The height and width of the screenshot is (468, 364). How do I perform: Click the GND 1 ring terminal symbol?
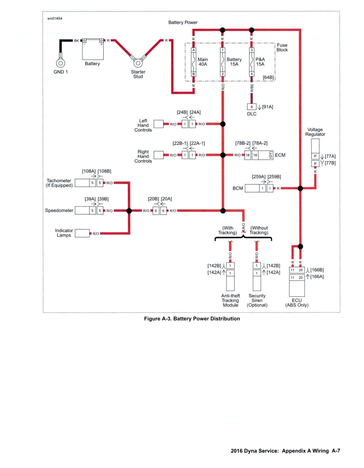61,63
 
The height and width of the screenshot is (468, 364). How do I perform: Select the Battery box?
93,49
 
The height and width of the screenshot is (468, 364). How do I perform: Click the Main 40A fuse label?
203,62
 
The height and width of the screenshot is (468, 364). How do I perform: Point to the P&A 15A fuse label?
260,62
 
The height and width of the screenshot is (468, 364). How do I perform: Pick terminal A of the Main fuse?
194,50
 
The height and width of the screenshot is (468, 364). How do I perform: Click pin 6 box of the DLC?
252,107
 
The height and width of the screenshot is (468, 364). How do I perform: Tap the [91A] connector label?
268,107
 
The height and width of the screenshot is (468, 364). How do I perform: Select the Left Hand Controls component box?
159,124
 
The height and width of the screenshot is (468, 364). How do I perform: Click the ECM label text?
280,155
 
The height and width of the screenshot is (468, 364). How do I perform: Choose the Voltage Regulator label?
315,132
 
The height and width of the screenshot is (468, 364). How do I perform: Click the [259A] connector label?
258,177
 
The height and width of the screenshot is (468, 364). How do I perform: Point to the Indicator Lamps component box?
82,233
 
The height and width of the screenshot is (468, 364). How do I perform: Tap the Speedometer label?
59,211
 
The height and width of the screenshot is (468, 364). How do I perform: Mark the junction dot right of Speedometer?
129,211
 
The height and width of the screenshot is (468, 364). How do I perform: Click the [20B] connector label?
153,199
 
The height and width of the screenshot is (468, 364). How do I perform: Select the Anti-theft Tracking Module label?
231,300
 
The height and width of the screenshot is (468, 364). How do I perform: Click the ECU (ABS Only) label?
297,303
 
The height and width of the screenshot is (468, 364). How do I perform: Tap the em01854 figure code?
55,18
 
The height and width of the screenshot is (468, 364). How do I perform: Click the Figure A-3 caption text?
192,319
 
